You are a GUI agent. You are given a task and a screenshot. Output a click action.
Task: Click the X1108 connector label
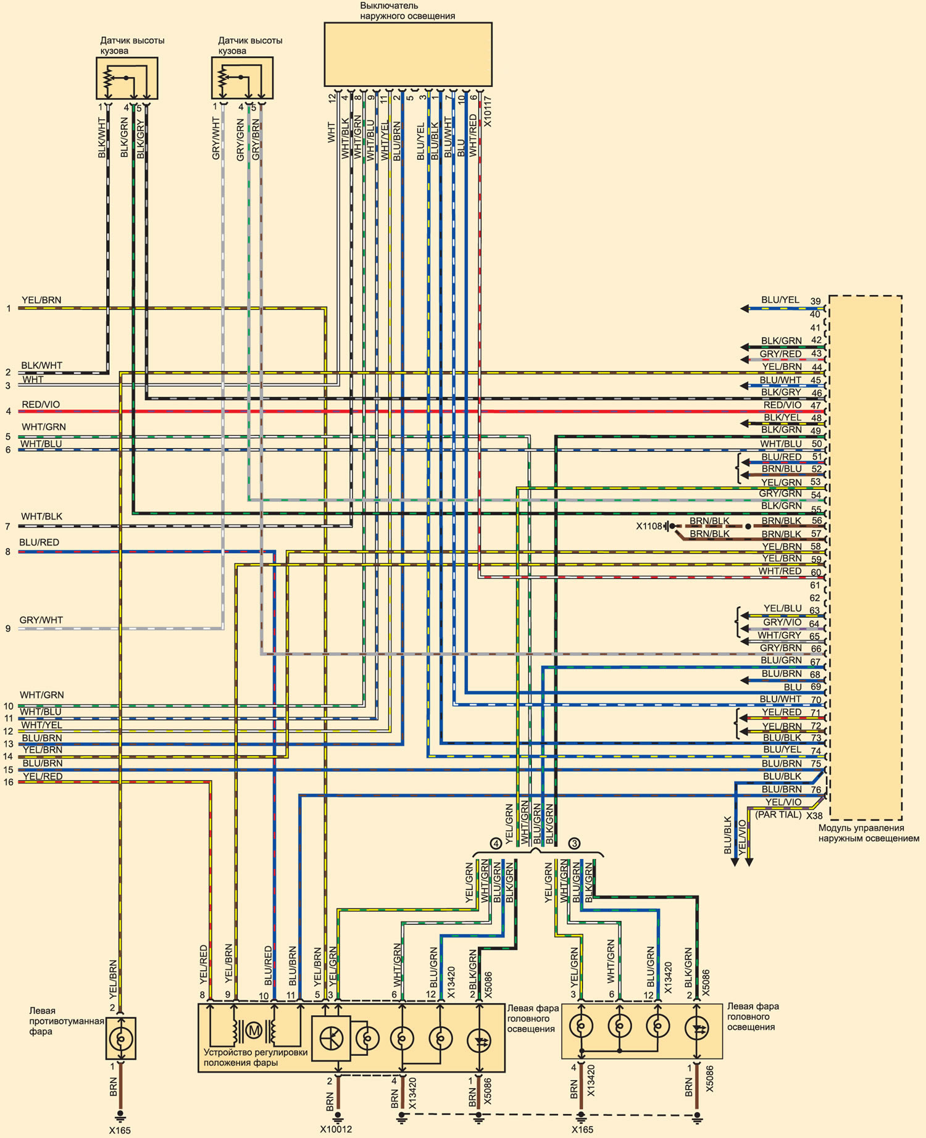(x=649, y=526)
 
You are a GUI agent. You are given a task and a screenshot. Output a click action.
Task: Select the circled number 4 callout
(x=495, y=843)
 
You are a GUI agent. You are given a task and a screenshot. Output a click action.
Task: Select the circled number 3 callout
(x=575, y=843)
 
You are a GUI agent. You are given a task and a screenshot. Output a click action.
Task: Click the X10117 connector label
(x=488, y=111)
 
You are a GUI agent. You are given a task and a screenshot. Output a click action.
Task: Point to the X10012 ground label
(x=336, y=1129)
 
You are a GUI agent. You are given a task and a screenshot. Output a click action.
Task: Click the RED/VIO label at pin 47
(x=782, y=405)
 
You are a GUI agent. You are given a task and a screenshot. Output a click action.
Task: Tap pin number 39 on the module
(x=815, y=301)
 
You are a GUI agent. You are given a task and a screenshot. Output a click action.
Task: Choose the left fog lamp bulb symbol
(x=120, y=1039)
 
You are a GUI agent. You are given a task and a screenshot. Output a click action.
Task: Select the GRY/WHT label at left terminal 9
(x=41, y=620)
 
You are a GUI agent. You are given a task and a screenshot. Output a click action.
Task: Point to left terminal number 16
(x=9, y=783)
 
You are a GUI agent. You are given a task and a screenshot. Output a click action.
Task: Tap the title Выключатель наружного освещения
(x=408, y=11)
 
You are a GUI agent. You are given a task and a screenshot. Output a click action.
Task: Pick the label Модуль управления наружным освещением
(x=869, y=833)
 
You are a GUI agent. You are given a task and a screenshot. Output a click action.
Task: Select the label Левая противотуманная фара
(x=67, y=1021)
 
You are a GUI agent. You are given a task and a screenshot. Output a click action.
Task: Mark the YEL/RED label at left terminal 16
(x=43, y=776)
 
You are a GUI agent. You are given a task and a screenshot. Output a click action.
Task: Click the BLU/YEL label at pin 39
(x=780, y=300)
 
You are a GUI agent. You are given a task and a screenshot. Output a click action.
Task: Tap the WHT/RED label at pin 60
(x=780, y=571)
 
